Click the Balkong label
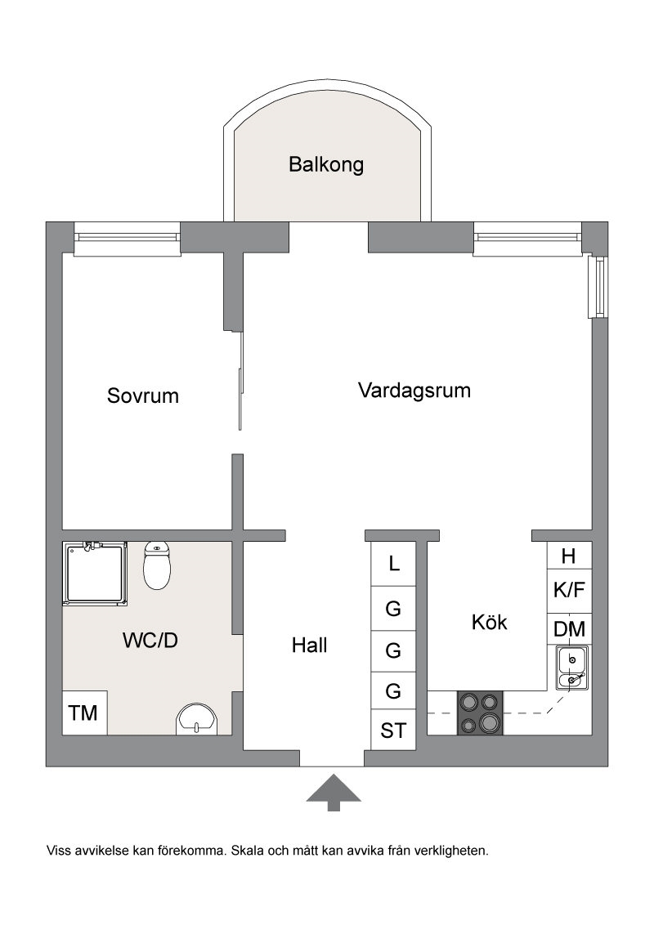[326, 164]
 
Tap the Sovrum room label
[143, 395]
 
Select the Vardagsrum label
[414, 391]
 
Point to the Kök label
[490, 622]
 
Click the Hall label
[309, 646]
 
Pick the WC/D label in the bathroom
[150, 640]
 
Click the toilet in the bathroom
[157, 565]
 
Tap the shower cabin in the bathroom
[95, 574]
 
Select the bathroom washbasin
[196, 719]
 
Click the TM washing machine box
[84, 713]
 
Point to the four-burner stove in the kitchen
[480, 713]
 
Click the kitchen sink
[571, 668]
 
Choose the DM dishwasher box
[570, 629]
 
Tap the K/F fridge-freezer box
[570, 591]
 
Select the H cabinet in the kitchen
[569, 556]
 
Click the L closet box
[394, 563]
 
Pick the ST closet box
[394, 731]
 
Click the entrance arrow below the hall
[334, 793]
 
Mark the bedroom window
[127, 238]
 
